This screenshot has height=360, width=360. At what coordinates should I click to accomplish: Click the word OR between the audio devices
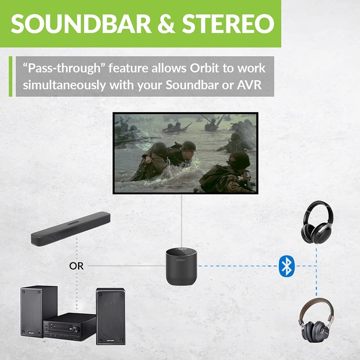[76, 266]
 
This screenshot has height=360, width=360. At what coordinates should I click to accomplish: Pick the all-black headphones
[318, 222]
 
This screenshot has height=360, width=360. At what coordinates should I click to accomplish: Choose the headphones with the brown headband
[316, 320]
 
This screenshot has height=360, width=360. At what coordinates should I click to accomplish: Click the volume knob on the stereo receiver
[76, 329]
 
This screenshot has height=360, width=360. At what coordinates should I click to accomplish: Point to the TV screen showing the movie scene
[184, 153]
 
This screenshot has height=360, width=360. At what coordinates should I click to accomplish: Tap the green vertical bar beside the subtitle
[11, 76]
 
